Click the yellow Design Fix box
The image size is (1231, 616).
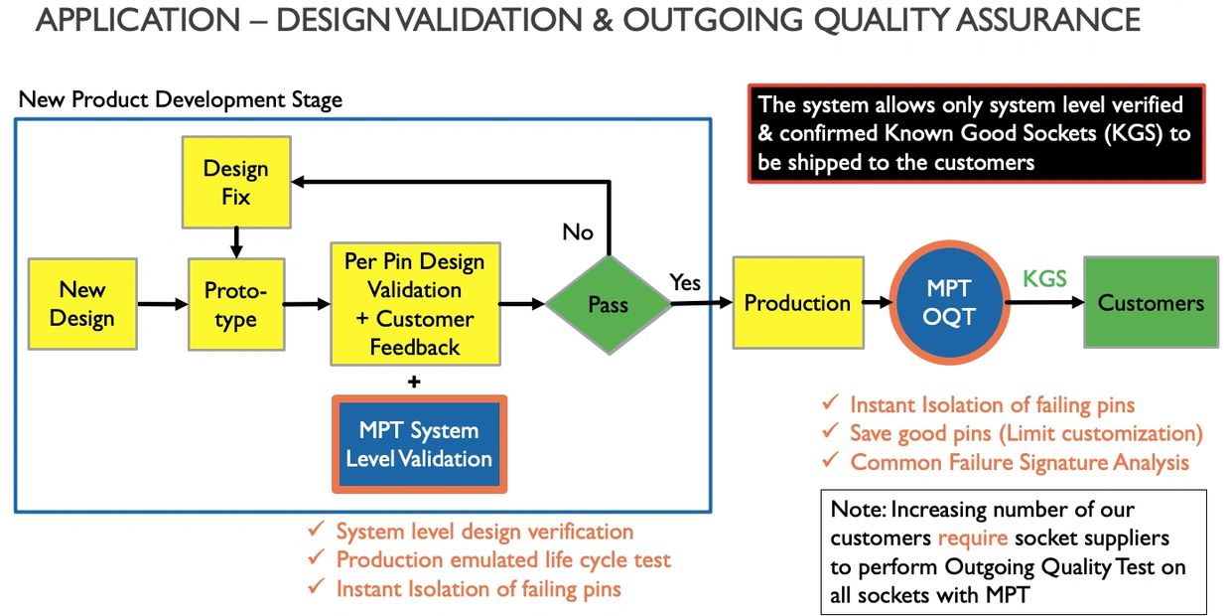tap(236, 182)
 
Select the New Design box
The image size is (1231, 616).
tap(82, 304)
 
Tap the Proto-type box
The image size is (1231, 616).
tap(236, 304)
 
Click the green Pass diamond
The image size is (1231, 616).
tap(609, 305)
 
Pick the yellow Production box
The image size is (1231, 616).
tap(798, 302)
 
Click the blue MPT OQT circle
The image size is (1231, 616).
tap(949, 302)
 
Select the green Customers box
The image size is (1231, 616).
tap(1151, 302)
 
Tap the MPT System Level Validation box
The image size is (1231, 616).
tap(419, 444)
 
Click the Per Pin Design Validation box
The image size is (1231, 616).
tap(415, 304)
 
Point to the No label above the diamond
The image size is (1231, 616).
tap(578, 232)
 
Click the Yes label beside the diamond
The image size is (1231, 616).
tap(685, 283)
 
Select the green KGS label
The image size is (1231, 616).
tap(1044, 279)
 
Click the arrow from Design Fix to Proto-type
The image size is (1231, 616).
tap(236, 243)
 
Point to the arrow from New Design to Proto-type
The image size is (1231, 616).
tap(163, 304)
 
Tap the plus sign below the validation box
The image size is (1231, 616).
tap(414, 382)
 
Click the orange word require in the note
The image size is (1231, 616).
tap(972, 538)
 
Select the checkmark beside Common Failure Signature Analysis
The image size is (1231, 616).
tap(830, 459)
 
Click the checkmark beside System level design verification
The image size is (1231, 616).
tap(316, 530)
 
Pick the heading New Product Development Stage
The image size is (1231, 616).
tap(181, 99)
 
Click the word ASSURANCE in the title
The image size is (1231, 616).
tap(1048, 19)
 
